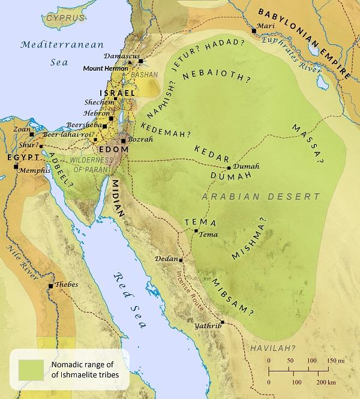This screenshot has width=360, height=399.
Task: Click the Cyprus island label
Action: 64,19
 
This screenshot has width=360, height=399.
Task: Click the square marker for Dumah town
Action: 229,168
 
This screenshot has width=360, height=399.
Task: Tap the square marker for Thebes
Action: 52,286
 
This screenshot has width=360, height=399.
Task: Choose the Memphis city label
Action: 34,170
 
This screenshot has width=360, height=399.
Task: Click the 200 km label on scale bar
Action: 326,382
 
